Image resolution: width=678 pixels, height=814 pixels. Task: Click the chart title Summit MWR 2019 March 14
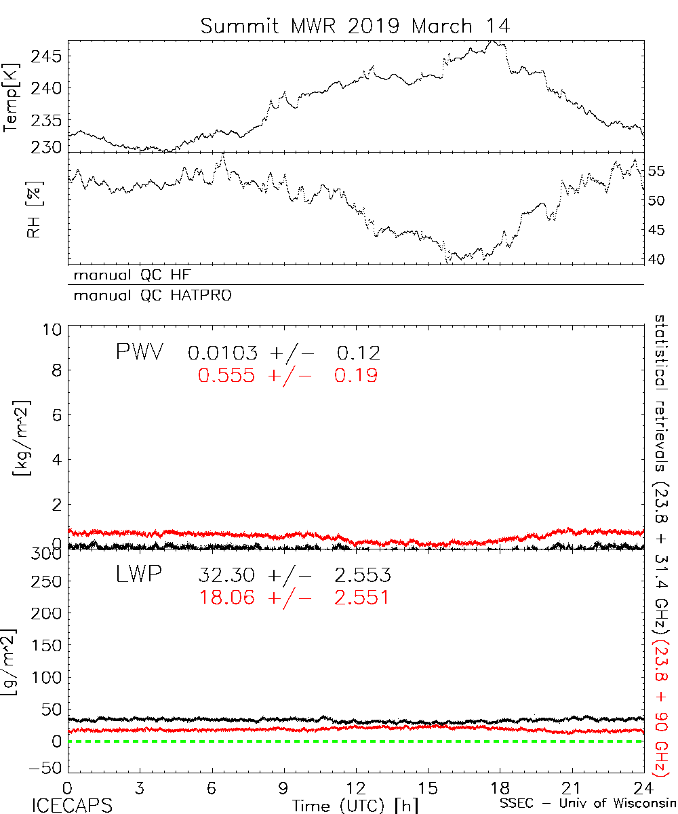tap(355, 26)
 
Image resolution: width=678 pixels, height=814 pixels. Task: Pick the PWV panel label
tap(138, 352)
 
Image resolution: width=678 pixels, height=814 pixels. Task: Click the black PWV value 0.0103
tap(222, 353)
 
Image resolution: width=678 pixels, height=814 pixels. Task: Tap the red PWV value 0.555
tap(226, 375)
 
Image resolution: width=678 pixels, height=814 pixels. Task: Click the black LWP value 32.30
tap(226, 576)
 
